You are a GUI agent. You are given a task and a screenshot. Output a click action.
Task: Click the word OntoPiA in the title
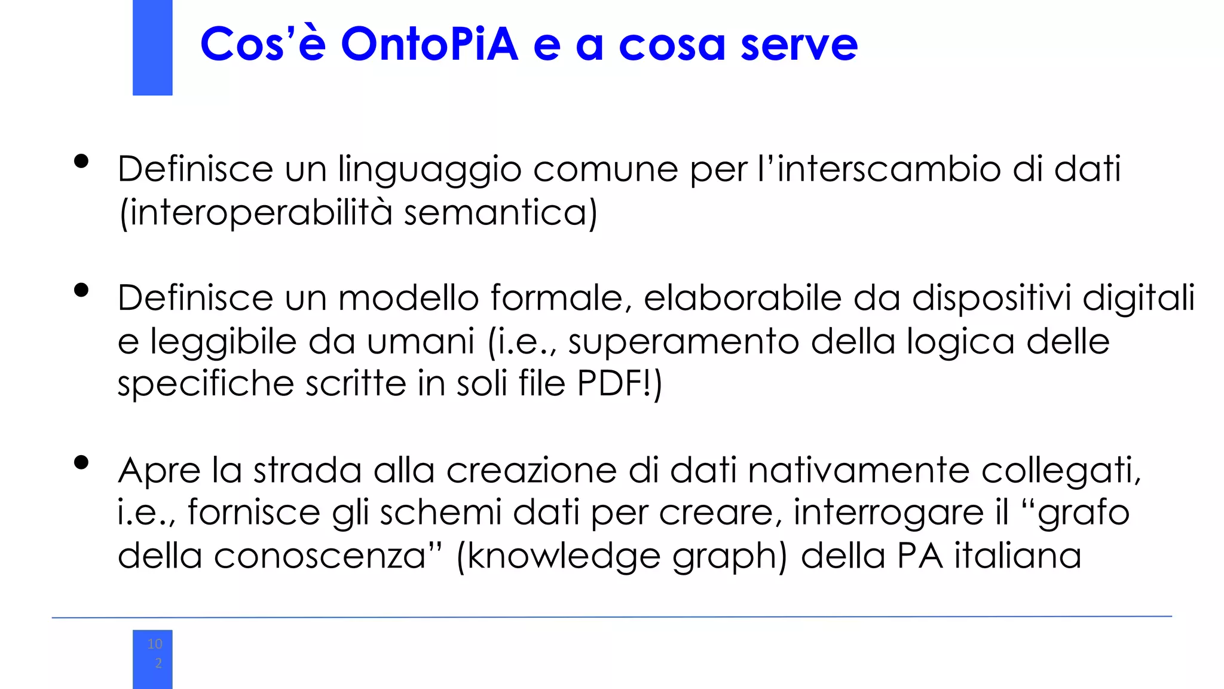tap(429, 44)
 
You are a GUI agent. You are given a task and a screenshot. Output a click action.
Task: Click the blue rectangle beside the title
tap(152, 47)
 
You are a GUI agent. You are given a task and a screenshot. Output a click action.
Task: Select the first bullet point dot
tap(81, 161)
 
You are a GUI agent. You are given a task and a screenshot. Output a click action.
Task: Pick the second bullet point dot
tap(81, 291)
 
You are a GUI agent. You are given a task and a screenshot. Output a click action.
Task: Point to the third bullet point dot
tap(81, 462)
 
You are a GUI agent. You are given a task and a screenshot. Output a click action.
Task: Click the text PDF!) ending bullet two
tap(620, 383)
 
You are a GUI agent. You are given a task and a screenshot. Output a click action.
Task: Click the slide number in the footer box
tap(155, 653)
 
